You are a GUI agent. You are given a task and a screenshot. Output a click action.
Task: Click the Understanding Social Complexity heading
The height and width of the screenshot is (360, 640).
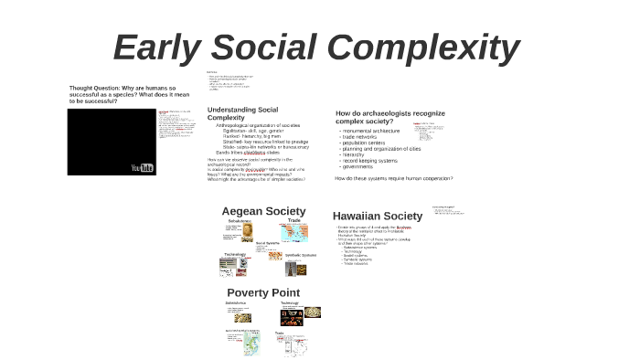click(x=242, y=113)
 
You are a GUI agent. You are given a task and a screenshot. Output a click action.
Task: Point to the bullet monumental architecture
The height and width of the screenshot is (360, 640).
click(x=369, y=131)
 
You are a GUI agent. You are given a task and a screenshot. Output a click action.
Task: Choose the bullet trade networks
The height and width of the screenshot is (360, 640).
click(x=362, y=136)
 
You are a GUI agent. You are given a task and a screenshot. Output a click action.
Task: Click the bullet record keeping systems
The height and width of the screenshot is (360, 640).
click(x=369, y=161)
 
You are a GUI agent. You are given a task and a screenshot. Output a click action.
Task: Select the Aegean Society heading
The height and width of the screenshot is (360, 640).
click(x=263, y=211)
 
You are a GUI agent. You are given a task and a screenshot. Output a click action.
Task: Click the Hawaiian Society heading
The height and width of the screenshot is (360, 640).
click(x=377, y=217)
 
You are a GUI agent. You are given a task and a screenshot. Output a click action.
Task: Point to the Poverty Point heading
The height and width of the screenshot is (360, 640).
click(x=262, y=292)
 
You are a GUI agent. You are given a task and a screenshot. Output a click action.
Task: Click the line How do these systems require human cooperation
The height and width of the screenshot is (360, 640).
click(x=393, y=178)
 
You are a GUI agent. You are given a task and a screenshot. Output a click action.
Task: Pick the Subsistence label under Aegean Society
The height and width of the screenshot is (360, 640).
click(x=239, y=220)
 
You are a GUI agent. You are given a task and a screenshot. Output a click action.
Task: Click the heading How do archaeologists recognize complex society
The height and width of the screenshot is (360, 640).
click(x=389, y=117)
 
